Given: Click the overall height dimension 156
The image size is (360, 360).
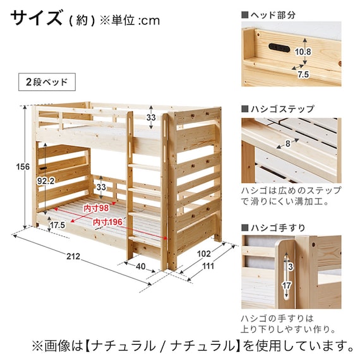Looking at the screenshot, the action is pyautogui.click(x=23, y=167).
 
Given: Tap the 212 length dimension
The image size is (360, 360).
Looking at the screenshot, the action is pyautogui.click(x=73, y=256).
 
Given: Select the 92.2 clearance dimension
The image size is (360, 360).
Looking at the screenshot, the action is pyautogui.click(x=46, y=181).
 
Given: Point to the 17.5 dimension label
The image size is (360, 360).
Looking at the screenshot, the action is pyautogui.click(x=57, y=225).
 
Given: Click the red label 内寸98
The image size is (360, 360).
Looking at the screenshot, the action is pyautogui.click(x=96, y=208).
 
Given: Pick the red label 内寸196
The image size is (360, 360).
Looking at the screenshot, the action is pyautogui.click(x=107, y=222).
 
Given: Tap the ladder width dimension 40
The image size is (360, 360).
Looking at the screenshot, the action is pyautogui.click(x=140, y=267).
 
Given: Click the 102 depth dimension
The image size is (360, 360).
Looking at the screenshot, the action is pyautogui.click(x=204, y=254).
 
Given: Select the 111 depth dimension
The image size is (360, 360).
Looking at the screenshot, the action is pyautogui.click(x=208, y=266).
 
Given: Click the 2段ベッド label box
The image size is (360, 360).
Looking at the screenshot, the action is pyautogui.click(x=47, y=82).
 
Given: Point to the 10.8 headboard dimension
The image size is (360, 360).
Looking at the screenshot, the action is pyautogui.click(x=303, y=52).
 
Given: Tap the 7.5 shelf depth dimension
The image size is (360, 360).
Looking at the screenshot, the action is pyautogui.click(x=303, y=75).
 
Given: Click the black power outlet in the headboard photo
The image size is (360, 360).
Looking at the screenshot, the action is pyautogui.click(x=279, y=47).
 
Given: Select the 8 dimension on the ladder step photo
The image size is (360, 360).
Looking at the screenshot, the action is pyautogui.click(x=288, y=144).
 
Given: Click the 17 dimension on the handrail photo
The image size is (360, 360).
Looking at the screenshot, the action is pyautogui.click(x=286, y=285).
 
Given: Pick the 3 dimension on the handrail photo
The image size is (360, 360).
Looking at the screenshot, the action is pyautogui.click(x=291, y=267).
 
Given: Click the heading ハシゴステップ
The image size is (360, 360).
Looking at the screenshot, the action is pyautogui.click(x=282, y=109).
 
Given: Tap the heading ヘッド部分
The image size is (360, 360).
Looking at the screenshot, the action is pyautogui.click(x=273, y=15).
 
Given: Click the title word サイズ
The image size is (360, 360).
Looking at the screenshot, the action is pyautogui.click(x=37, y=18).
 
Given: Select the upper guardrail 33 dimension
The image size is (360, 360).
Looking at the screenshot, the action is pyautogui.click(x=151, y=117).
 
